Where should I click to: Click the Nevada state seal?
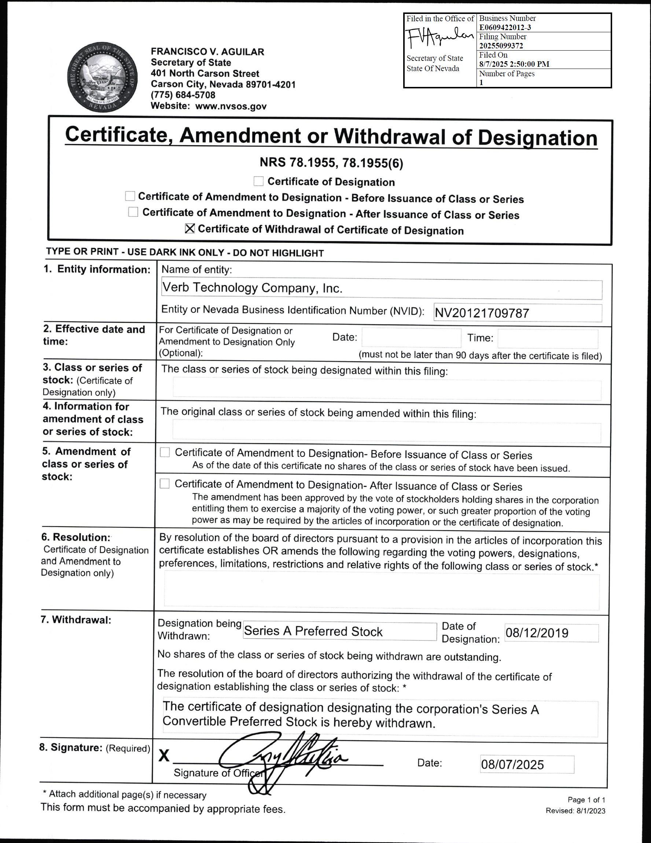point(102,78)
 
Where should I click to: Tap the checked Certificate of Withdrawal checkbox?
point(190,228)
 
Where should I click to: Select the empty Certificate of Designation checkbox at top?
point(258,181)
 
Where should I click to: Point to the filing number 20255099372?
point(501,45)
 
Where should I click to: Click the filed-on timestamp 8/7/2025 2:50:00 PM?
point(514,64)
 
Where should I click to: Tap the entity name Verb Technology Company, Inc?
point(253,287)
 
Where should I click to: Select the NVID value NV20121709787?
point(482,313)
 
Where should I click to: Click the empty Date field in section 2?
point(411,338)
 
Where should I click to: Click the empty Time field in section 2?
point(548,338)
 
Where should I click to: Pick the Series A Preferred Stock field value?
point(313,631)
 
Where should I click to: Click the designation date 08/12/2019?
point(537,633)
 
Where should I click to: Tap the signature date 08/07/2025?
point(512,764)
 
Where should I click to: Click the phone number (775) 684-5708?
point(183,95)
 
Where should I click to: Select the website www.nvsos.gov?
point(231,106)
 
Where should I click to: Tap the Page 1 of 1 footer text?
point(586,799)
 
